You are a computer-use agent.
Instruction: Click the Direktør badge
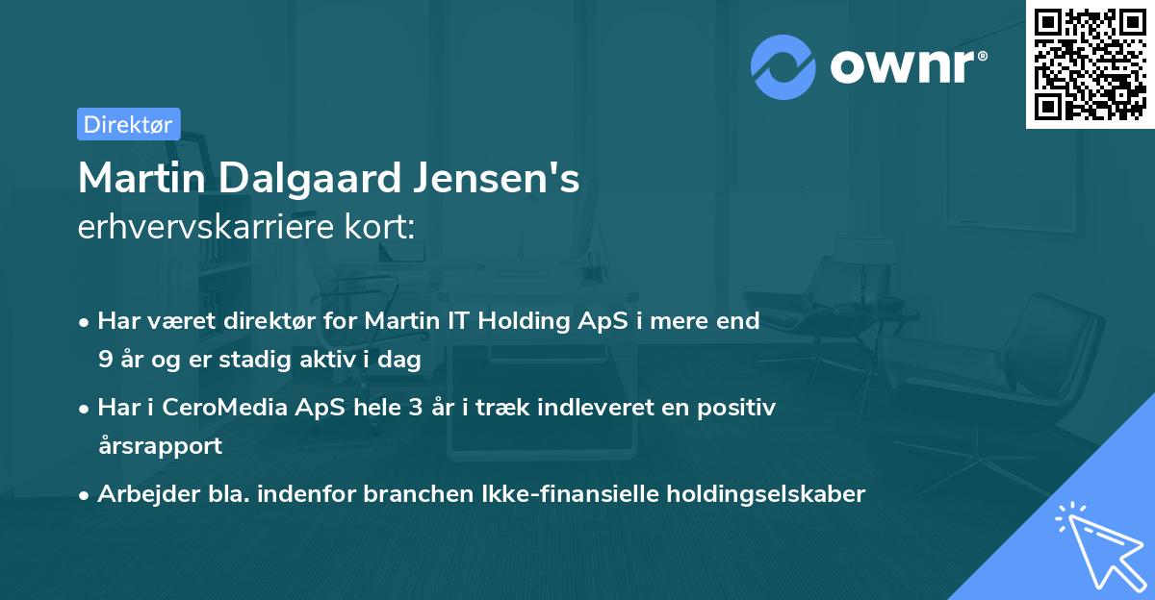128,124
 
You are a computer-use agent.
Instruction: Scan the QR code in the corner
1090,64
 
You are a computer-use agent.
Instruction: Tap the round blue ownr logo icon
783,66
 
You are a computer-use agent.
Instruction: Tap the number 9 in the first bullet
104,359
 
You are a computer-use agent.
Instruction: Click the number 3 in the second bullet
416,408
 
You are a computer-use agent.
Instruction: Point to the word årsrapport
160,445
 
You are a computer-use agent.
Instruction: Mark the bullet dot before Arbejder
86,495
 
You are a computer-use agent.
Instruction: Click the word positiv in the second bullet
740,408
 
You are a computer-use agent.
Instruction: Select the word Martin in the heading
145,179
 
